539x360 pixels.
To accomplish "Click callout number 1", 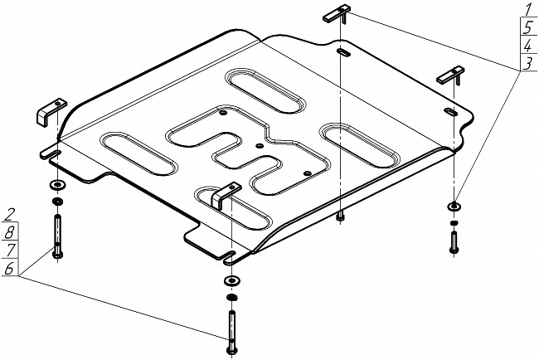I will pos(526,10).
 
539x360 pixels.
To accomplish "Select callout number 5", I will pos(526,27).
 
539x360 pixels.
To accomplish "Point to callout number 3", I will pos(526,63).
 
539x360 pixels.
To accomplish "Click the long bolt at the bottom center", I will pos(230,327).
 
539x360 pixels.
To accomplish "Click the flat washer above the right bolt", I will pos(454,206).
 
